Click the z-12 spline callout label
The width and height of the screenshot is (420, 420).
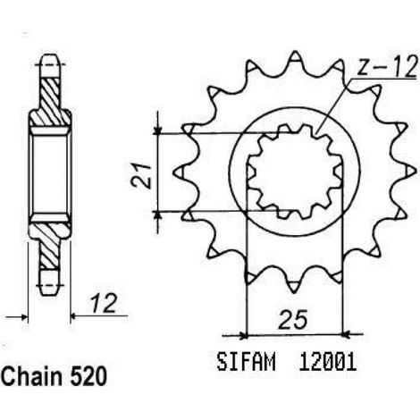pyautogui.click(x=386, y=67)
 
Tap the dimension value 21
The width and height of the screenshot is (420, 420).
pyautogui.click(x=142, y=176)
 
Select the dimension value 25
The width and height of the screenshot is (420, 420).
pyautogui.click(x=292, y=321)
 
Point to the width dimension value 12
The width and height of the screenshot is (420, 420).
pyautogui.click(x=103, y=304)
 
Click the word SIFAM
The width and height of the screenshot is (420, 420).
pyautogui.click(x=246, y=362)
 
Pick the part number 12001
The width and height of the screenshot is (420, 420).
pyautogui.click(x=328, y=362)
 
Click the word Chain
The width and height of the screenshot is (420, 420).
pyautogui.click(x=33, y=376)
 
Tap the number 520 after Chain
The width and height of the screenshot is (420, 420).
pyautogui.click(x=88, y=377)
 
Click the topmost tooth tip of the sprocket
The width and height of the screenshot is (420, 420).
pyautogui.click(x=295, y=52)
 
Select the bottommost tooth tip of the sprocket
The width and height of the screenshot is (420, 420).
pyautogui.click(x=294, y=293)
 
